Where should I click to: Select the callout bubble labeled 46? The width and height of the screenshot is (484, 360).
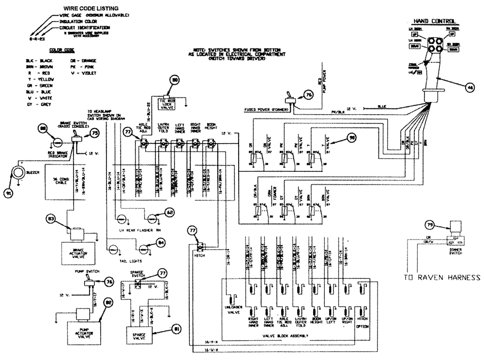[x=469, y=88]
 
